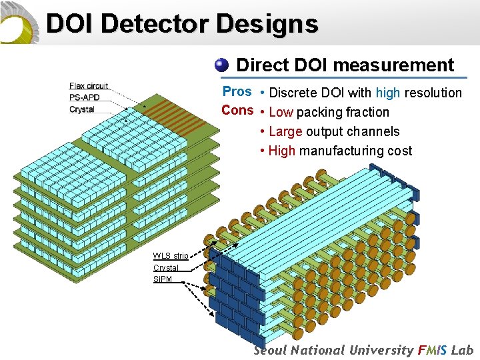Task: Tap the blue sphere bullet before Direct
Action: pyautogui.click(x=222, y=65)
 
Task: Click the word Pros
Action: pyautogui.click(x=237, y=91)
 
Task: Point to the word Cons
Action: pyautogui.click(x=237, y=110)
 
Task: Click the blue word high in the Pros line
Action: pyautogui.click(x=388, y=93)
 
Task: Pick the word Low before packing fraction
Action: pyautogui.click(x=281, y=112)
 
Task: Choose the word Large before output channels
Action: pyautogui.click(x=285, y=131)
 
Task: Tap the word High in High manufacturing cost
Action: pyautogui.click(x=282, y=151)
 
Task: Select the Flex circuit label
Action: pyautogui.click(x=88, y=86)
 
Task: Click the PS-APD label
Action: pyautogui.click(x=84, y=97)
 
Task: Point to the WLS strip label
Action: pyautogui.click(x=170, y=255)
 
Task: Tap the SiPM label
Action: pyautogui.click(x=162, y=279)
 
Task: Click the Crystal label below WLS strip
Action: pyautogui.click(x=165, y=267)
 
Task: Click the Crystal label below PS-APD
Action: pyautogui.click(x=81, y=109)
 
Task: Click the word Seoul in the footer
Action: pyautogui.click(x=271, y=350)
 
